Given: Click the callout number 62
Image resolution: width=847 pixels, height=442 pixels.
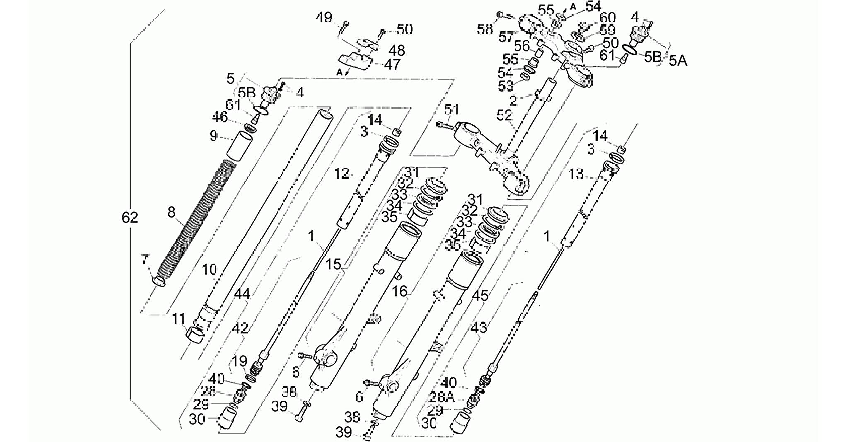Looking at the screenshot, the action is [x=129, y=217].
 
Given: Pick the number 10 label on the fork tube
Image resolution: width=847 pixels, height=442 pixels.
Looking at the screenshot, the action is [x=209, y=270].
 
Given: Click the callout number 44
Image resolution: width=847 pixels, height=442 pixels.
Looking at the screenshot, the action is [x=242, y=294].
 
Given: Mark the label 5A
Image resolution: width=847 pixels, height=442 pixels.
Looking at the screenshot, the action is [x=678, y=61].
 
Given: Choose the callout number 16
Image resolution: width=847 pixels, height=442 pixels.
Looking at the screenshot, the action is [x=400, y=292].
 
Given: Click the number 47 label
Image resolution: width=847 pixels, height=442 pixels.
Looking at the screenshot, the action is [x=392, y=65].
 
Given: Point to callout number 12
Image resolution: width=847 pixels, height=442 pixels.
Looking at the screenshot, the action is [x=342, y=174].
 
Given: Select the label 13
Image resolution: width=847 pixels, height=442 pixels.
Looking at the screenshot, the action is [x=576, y=174].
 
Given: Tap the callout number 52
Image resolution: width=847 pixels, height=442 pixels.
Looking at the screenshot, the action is [x=504, y=116].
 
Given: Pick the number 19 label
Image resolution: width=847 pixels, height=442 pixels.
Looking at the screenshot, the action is [x=240, y=362].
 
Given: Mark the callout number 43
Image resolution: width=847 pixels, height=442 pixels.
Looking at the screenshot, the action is [x=479, y=328].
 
